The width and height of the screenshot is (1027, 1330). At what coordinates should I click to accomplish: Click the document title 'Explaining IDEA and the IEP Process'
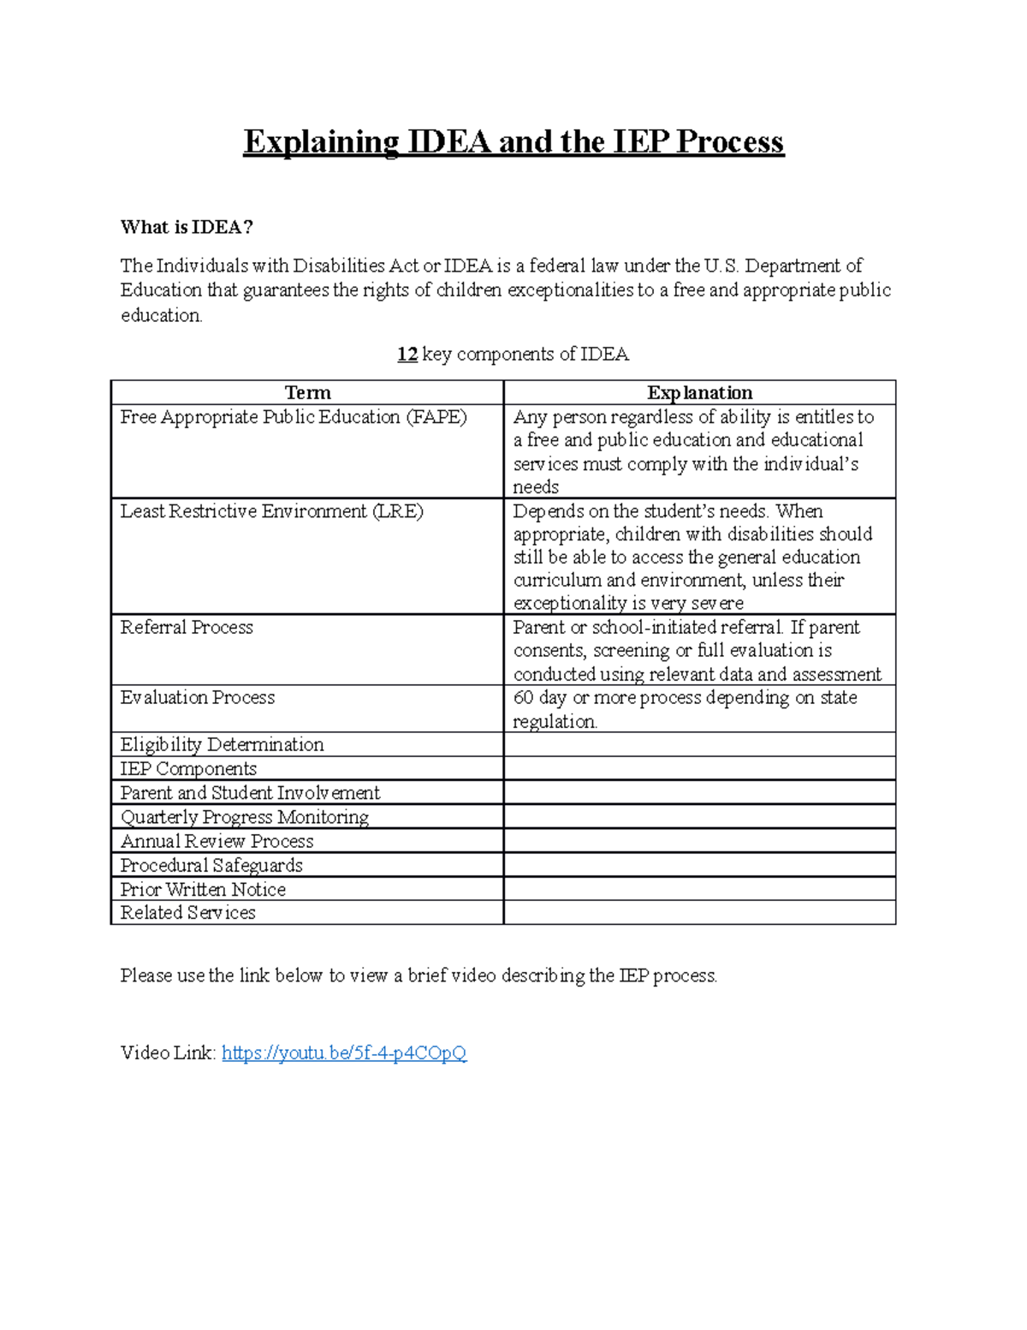click(513, 142)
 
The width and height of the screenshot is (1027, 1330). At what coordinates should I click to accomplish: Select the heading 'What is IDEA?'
click(187, 227)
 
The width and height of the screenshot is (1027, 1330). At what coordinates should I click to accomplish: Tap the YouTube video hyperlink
click(344, 1053)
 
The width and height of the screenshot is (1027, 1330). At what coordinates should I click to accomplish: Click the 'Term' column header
click(307, 392)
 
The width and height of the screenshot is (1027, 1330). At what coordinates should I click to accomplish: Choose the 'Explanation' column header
click(699, 392)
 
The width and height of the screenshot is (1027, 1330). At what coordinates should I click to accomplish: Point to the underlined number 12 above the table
click(407, 355)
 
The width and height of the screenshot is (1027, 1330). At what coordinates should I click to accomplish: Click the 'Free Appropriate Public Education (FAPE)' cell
click(294, 417)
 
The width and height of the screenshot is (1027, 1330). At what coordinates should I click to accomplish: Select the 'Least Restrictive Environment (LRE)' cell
click(271, 511)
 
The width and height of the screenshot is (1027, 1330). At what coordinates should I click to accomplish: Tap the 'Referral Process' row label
click(187, 627)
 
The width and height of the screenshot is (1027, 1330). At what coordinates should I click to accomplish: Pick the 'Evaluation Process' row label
click(198, 697)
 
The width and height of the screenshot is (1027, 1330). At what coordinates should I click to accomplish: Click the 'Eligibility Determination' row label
click(222, 744)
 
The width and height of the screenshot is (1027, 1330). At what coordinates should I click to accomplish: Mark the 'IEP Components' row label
click(188, 768)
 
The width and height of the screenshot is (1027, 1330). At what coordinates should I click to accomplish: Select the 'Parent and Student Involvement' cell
click(250, 792)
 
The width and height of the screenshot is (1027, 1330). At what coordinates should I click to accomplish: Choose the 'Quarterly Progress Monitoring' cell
click(244, 817)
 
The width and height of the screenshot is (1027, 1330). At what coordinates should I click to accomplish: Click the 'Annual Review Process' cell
click(217, 841)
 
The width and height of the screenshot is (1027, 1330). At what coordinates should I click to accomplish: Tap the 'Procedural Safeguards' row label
click(211, 865)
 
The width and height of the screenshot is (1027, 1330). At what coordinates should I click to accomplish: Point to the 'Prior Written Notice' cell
click(203, 889)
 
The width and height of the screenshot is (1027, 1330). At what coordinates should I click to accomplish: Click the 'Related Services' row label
click(187, 913)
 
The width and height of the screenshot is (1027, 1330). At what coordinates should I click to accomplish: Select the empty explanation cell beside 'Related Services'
click(699, 913)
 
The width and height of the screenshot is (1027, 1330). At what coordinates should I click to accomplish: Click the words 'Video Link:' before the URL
click(168, 1053)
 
